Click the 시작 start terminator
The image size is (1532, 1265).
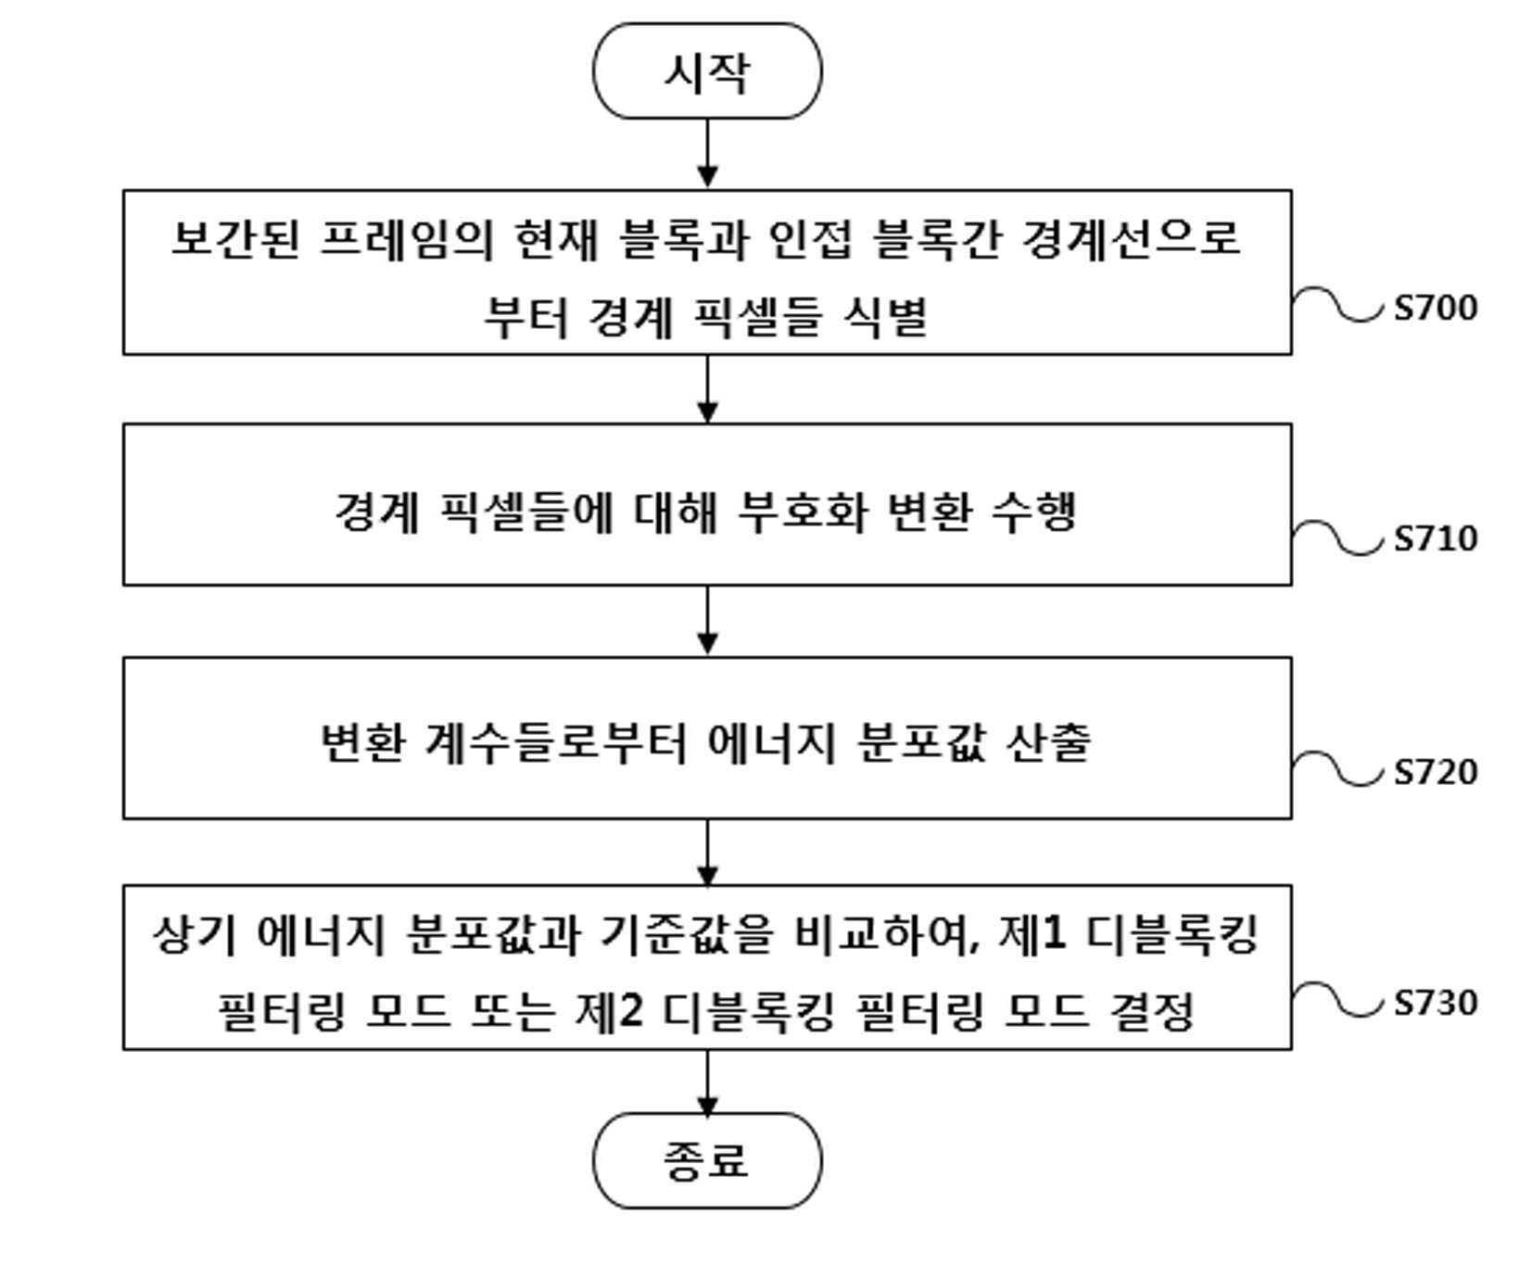pos(707,71)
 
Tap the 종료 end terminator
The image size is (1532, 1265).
pos(707,1160)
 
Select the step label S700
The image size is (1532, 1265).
pos(1436,308)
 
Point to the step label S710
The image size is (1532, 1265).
pos(1436,538)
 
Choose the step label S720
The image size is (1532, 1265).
pos(1436,771)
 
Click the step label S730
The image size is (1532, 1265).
pos(1436,1003)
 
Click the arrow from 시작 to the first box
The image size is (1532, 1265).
pos(707,154)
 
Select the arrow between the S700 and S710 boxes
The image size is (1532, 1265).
pos(707,389)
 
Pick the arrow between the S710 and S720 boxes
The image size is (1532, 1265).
pos(707,621)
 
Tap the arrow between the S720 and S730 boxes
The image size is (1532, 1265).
pos(707,852)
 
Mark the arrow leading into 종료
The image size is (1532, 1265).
pos(707,1082)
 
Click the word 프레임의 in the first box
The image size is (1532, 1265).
pos(406,238)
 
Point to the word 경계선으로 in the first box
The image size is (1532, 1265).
pos(1131,238)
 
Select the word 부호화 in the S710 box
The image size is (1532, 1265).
pos(803,511)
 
